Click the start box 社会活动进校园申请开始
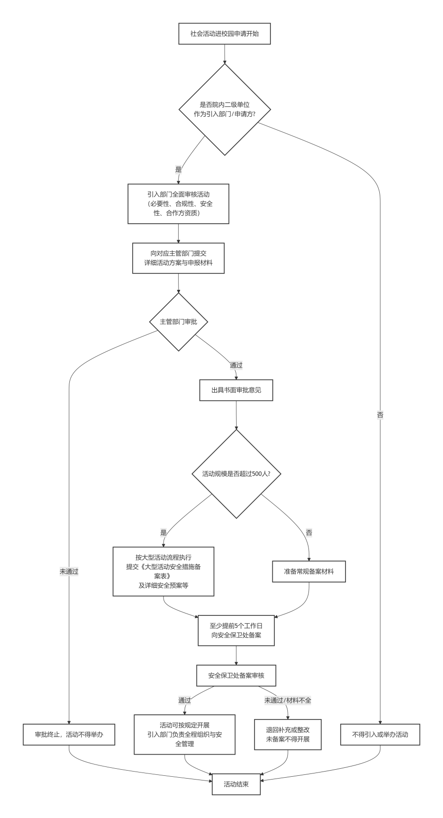pos(225,34)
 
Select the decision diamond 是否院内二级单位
pos(225,109)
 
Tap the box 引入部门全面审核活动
pos(178,204)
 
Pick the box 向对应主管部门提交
pos(178,258)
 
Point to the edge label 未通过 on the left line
pos(69,572)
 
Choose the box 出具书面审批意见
pos(236,390)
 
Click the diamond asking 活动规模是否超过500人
pos(236,474)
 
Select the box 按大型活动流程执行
pos(163,571)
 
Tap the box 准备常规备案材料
pos(309,572)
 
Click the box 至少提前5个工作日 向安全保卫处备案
pos(236,630)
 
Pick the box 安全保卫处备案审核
pos(236,675)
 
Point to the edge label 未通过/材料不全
pos(288,700)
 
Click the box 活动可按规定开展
pos(185,735)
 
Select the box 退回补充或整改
pos(288,735)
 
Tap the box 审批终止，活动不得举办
pos(69,735)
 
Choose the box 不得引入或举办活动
pos(380,735)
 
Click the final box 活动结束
pos(236,784)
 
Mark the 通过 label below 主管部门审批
pos(236,365)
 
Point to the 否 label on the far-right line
pos(380,415)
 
